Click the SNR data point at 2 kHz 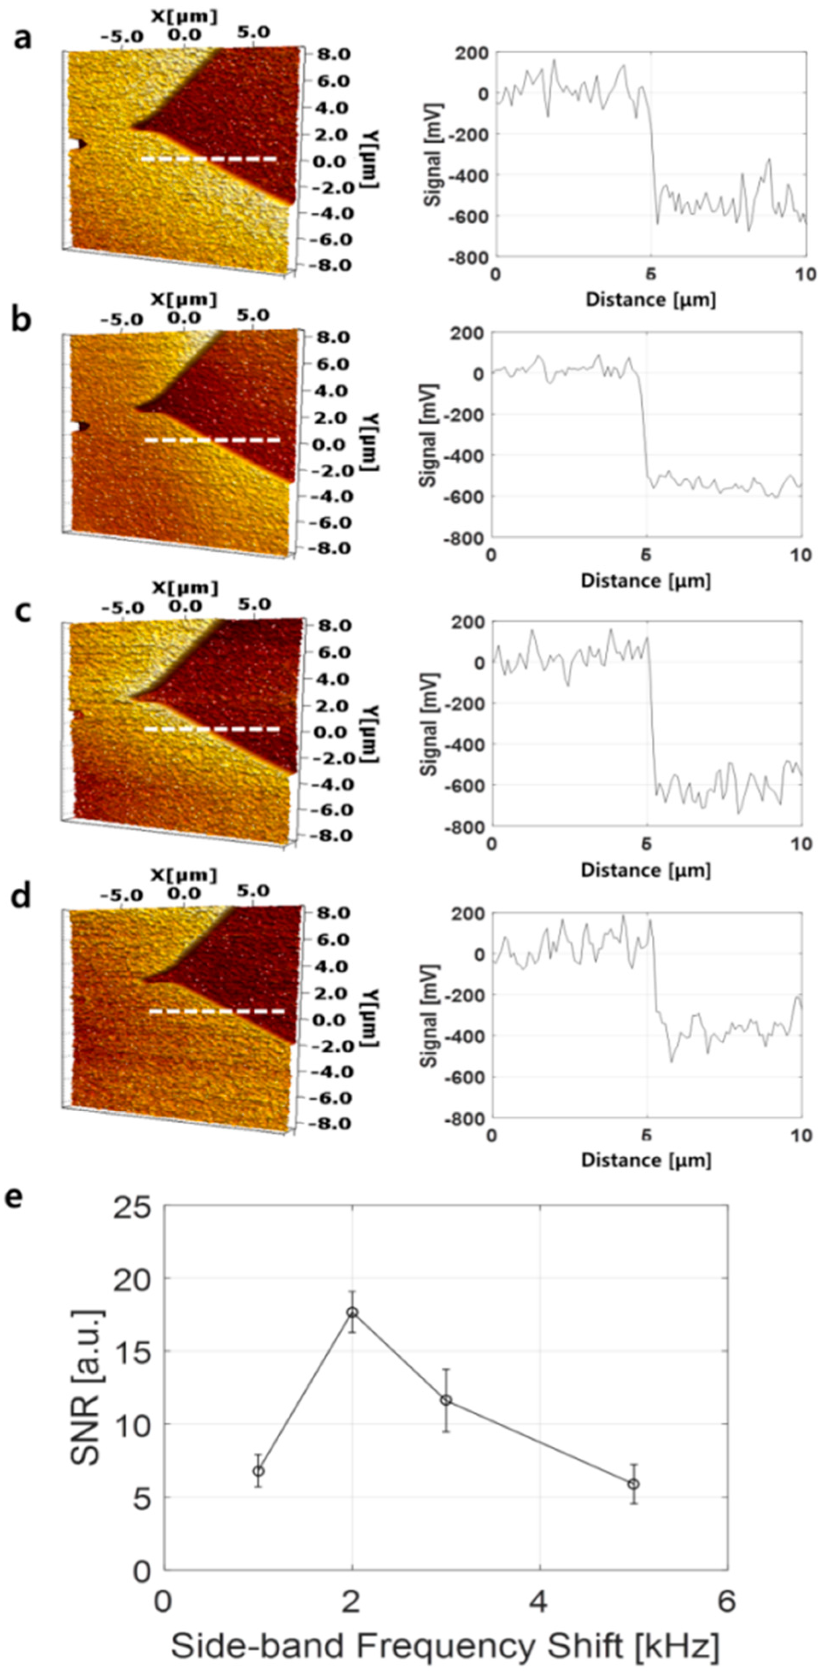pyautogui.click(x=352, y=1312)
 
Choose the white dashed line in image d pyautogui.click(x=217, y=1012)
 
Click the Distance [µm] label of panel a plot pyautogui.click(x=650, y=300)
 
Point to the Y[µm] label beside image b pyautogui.click(x=370, y=442)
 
